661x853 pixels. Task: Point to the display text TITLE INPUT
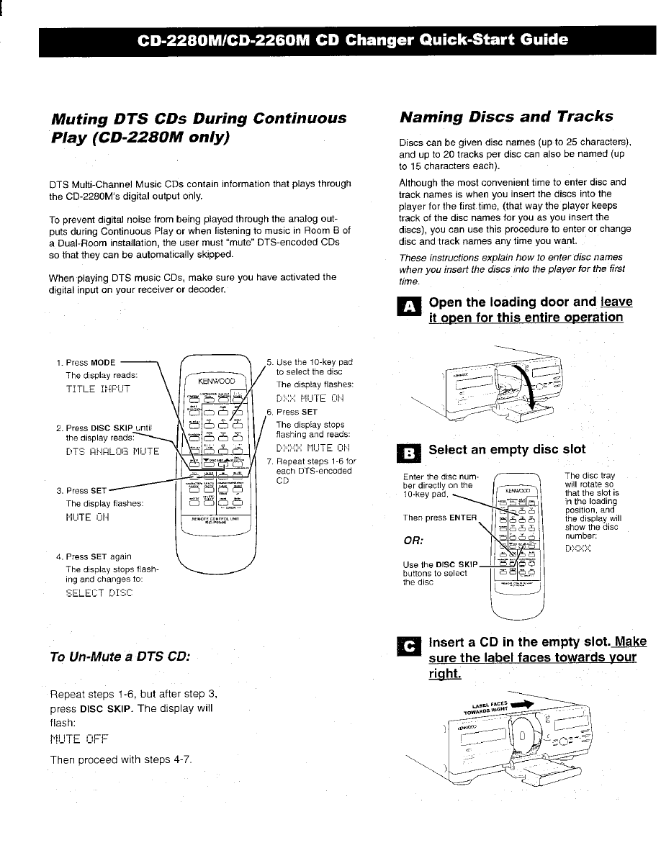tap(99, 389)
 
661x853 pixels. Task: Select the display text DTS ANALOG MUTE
tap(112, 451)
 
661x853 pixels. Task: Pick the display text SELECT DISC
tap(99, 592)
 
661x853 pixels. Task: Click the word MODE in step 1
tap(104, 362)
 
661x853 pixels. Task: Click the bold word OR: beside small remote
tap(415, 538)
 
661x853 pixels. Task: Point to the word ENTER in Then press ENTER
tap(463, 518)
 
